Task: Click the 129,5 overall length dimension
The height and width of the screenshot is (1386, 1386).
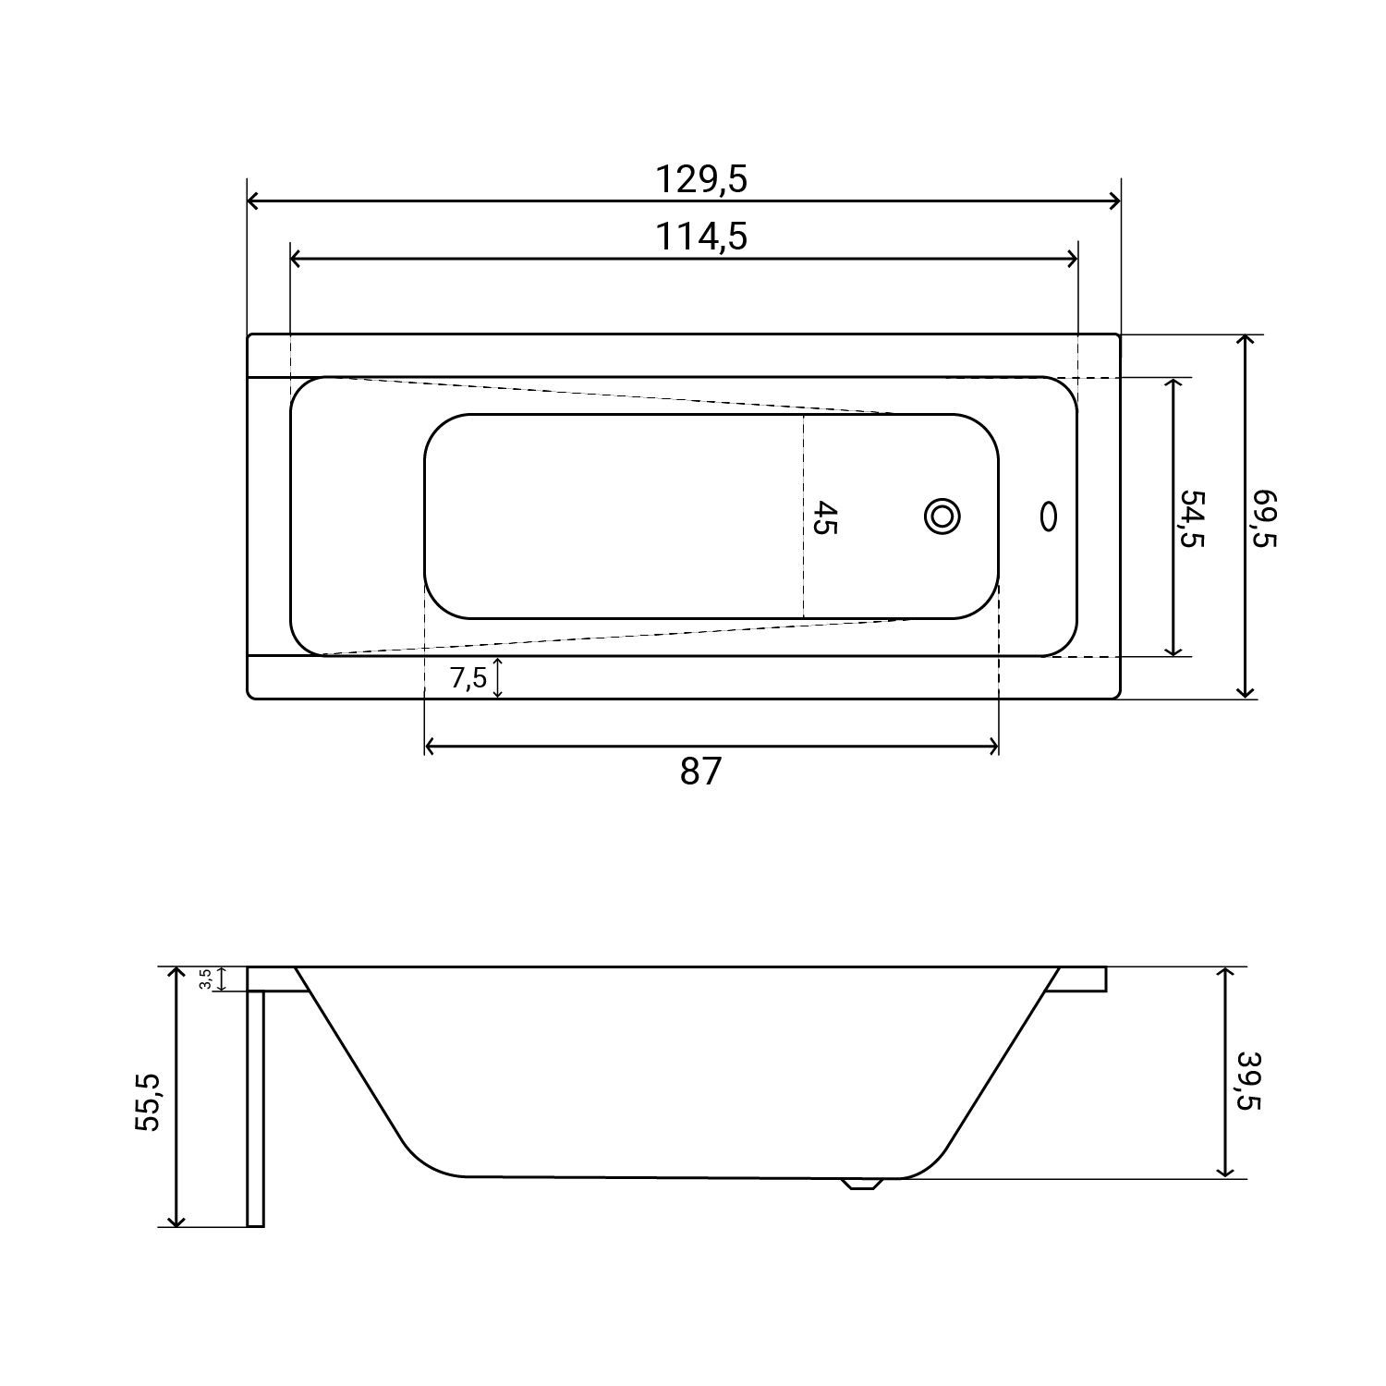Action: [700, 179]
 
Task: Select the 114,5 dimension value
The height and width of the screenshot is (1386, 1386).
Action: [700, 237]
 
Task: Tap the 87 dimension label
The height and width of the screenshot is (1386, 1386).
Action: [699, 771]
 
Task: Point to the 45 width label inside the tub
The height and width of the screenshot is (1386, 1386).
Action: [824, 517]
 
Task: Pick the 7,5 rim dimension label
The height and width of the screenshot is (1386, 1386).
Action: [468, 678]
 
